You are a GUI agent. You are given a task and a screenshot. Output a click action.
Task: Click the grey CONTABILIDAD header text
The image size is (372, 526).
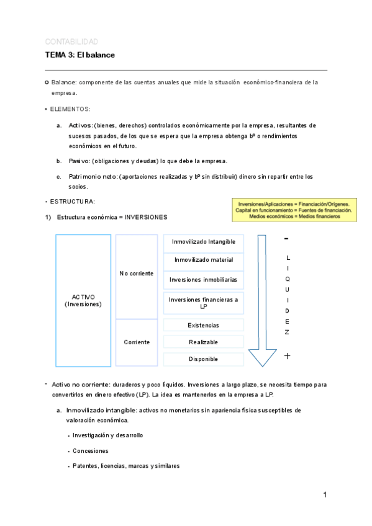(x=71, y=42)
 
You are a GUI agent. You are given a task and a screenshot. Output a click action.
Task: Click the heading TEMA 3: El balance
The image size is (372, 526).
(x=79, y=55)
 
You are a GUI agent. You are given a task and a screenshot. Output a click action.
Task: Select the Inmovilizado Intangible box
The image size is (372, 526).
(x=203, y=243)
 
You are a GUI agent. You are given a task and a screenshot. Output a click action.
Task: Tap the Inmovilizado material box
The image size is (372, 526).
(x=203, y=261)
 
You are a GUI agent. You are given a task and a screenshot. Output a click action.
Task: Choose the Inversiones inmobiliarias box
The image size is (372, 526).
(x=203, y=280)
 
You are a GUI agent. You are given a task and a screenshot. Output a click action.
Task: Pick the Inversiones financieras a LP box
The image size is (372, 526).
(x=203, y=303)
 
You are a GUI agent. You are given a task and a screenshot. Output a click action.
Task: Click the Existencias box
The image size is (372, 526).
(x=203, y=325)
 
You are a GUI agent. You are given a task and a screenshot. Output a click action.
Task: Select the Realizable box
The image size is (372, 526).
(x=203, y=342)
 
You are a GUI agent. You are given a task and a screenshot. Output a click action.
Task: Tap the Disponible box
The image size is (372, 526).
(x=203, y=359)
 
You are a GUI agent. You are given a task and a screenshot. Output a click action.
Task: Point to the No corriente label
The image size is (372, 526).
(x=136, y=274)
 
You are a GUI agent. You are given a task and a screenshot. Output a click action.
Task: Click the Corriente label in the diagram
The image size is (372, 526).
(x=137, y=342)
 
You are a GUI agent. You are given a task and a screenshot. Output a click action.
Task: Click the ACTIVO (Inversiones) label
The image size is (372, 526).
(x=83, y=301)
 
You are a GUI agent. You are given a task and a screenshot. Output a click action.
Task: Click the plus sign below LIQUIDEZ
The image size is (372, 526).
(x=287, y=356)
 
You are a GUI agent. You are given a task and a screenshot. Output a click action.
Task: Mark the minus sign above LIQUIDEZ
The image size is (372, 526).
(x=286, y=239)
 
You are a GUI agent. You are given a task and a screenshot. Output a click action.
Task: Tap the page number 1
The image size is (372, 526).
(x=324, y=495)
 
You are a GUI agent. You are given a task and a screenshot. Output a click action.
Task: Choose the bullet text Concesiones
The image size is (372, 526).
(x=91, y=451)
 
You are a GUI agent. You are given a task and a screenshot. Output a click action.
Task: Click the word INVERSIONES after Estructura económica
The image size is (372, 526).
(x=146, y=218)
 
